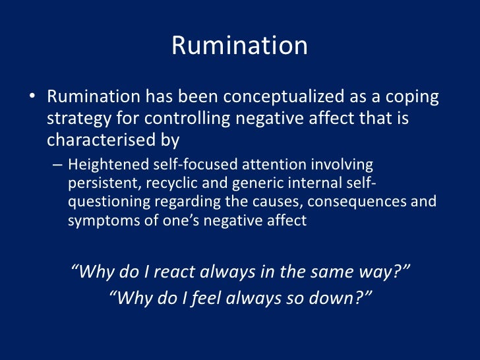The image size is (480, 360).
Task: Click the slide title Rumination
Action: [239, 45]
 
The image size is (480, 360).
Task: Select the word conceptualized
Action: [284, 98]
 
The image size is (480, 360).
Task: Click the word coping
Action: [410, 98]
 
